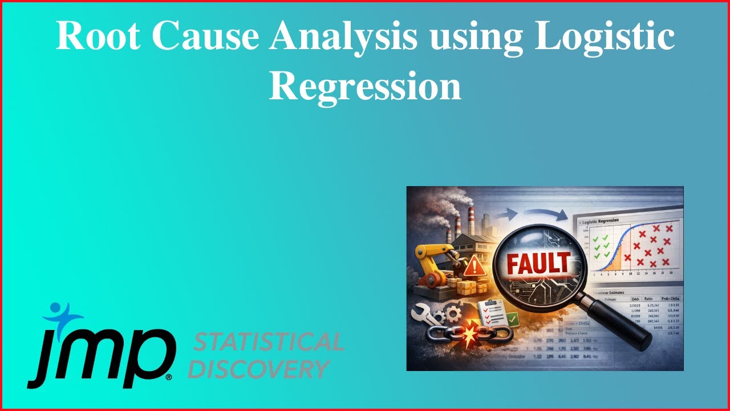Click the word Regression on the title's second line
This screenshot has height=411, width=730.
(364, 87)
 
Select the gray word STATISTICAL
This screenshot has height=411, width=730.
(269, 342)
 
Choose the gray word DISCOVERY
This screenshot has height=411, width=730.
(259, 369)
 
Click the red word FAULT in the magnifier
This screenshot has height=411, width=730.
(538, 264)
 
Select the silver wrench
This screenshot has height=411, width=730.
(426, 314)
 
